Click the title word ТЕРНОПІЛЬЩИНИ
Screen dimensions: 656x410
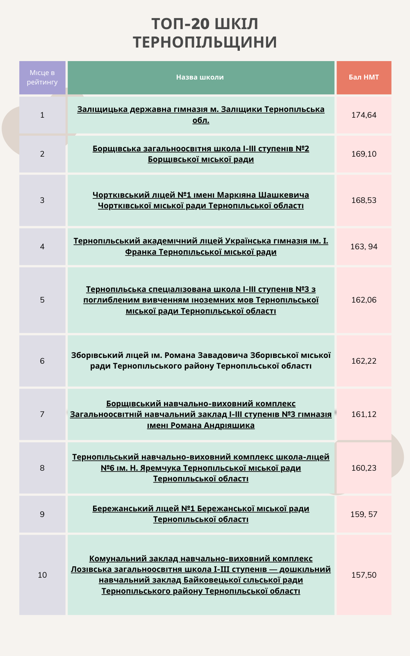click(205, 42)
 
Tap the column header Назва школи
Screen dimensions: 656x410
click(200, 77)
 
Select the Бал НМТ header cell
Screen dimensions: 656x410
click(364, 77)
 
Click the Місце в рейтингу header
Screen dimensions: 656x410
click(42, 77)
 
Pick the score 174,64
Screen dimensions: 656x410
click(364, 115)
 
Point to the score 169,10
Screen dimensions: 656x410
click(364, 154)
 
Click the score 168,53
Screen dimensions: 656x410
click(364, 200)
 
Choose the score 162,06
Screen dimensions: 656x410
click(364, 300)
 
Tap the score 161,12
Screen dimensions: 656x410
click(364, 415)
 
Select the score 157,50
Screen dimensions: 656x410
click(364, 575)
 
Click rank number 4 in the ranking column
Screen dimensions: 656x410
click(42, 247)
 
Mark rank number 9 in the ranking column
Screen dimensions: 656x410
click(42, 515)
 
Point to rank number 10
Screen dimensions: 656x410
click(42, 575)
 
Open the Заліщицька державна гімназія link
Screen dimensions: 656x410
click(200, 109)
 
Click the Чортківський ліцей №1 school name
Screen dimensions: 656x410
click(200, 195)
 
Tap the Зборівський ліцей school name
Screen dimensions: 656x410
click(200, 355)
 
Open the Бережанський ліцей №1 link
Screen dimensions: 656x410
click(200, 509)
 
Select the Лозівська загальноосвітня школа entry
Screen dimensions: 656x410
click(200, 569)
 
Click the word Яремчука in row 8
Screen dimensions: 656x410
click(160, 468)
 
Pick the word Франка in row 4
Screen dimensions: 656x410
click(141, 252)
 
